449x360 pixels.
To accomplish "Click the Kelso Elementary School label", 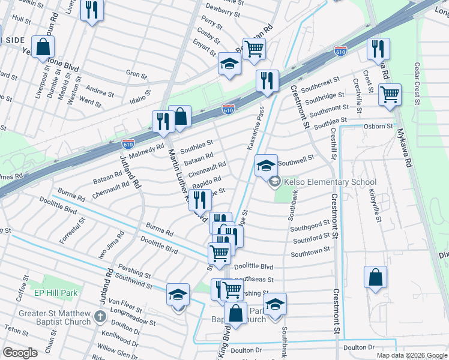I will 330,182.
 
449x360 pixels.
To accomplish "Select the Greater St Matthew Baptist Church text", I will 54,317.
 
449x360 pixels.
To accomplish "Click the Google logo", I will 20,353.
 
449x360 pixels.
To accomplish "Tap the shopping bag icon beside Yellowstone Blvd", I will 43,47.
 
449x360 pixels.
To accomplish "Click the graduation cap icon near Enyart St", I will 229,64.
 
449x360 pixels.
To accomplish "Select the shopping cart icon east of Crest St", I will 390,94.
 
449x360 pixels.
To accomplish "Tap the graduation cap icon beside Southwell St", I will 265,166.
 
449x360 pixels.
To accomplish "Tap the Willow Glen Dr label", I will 118,350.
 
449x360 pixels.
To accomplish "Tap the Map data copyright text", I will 411,355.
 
